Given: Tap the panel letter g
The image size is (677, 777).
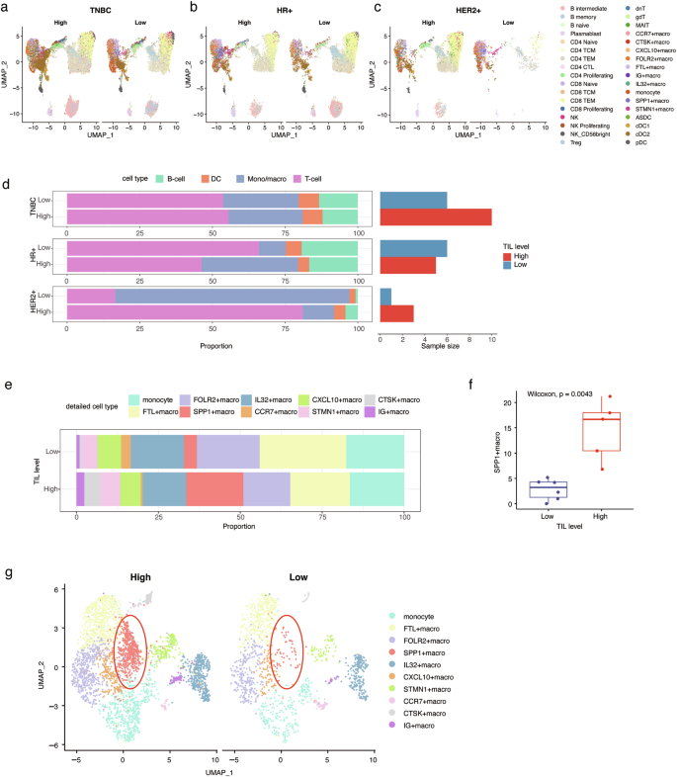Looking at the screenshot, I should [8, 573].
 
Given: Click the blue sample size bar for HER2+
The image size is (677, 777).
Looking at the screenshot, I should [385, 297].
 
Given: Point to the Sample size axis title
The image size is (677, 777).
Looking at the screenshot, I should [435, 349].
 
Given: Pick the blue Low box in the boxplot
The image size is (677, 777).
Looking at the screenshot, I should [521, 488].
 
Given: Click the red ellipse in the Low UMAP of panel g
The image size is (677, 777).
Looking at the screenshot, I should [287, 651].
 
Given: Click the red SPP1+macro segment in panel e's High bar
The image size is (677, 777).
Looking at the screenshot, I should [214, 488].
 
